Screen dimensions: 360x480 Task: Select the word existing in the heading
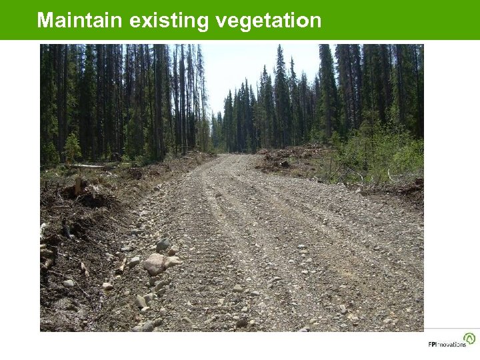click(x=169, y=21)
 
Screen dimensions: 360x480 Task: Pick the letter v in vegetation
click(x=221, y=21)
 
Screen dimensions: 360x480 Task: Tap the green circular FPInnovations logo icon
click(x=469, y=338)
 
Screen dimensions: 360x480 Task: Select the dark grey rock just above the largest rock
click(x=162, y=245)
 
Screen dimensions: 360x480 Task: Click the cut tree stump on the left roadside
click(x=78, y=185)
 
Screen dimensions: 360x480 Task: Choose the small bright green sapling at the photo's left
click(x=72, y=147)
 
